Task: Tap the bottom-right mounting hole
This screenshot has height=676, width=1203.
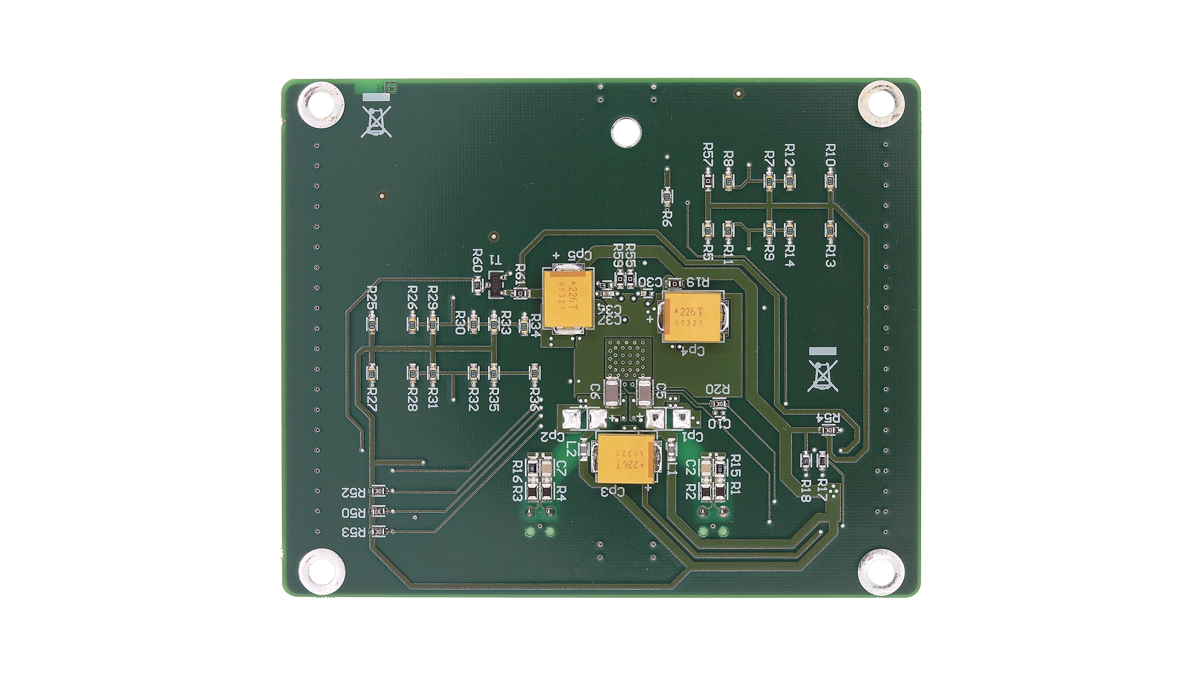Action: pyautogui.click(x=880, y=572)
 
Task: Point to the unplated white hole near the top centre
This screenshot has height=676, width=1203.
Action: pyautogui.click(x=626, y=132)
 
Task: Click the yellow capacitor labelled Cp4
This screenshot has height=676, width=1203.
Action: pyautogui.click(x=693, y=317)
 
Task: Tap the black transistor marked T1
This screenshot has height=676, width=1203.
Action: pyautogui.click(x=497, y=285)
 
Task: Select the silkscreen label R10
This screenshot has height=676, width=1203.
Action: pyautogui.click(x=830, y=155)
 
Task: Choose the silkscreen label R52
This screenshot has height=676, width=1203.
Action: pyautogui.click(x=353, y=492)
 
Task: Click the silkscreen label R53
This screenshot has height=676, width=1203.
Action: pyautogui.click(x=353, y=532)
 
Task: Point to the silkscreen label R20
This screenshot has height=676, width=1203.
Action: pyautogui.click(x=717, y=389)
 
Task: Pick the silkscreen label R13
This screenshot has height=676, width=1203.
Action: pyautogui.click(x=830, y=256)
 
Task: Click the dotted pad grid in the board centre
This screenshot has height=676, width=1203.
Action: pyautogui.click(x=628, y=357)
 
